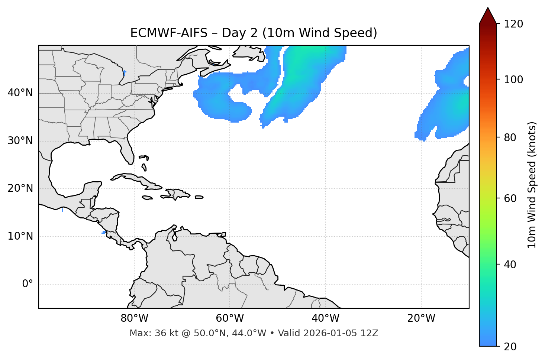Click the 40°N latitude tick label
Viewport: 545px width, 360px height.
tap(20, 93)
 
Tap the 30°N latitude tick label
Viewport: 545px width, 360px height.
tap(20, 141)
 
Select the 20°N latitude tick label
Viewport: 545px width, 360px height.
tap(20, 188)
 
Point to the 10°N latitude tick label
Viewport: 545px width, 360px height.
tap(20, 236)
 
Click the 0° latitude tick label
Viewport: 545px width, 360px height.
tap(28, 284)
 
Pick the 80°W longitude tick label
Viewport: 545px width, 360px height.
tap(134, 318)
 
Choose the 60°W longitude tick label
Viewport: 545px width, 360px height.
tap(230, 318)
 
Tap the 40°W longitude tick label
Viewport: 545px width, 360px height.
tap(325, 318)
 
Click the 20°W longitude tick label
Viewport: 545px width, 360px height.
tap(421, 318)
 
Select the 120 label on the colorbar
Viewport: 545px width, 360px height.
tap(513, 24)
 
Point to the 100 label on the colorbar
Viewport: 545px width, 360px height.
tap(513, 80)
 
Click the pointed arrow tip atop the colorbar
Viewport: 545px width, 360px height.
tap(488, 8)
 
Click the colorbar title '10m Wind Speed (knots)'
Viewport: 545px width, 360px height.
tap(532, 185)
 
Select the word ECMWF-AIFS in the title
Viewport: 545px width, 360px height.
tap(169, 33)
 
